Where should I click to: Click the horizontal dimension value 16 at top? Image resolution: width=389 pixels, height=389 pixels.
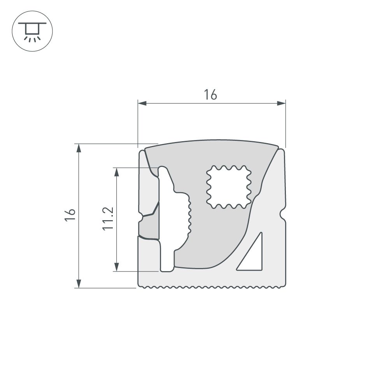[210, 95]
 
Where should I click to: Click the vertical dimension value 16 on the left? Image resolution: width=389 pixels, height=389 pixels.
[70, 215]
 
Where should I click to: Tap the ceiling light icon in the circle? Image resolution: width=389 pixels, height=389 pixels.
[32, 31]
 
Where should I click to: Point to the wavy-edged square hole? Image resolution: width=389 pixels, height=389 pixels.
[228, 187]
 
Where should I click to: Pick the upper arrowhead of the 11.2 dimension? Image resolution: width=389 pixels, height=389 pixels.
[116, 172]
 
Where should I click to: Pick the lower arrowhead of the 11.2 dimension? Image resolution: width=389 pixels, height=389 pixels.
[116, 266]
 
